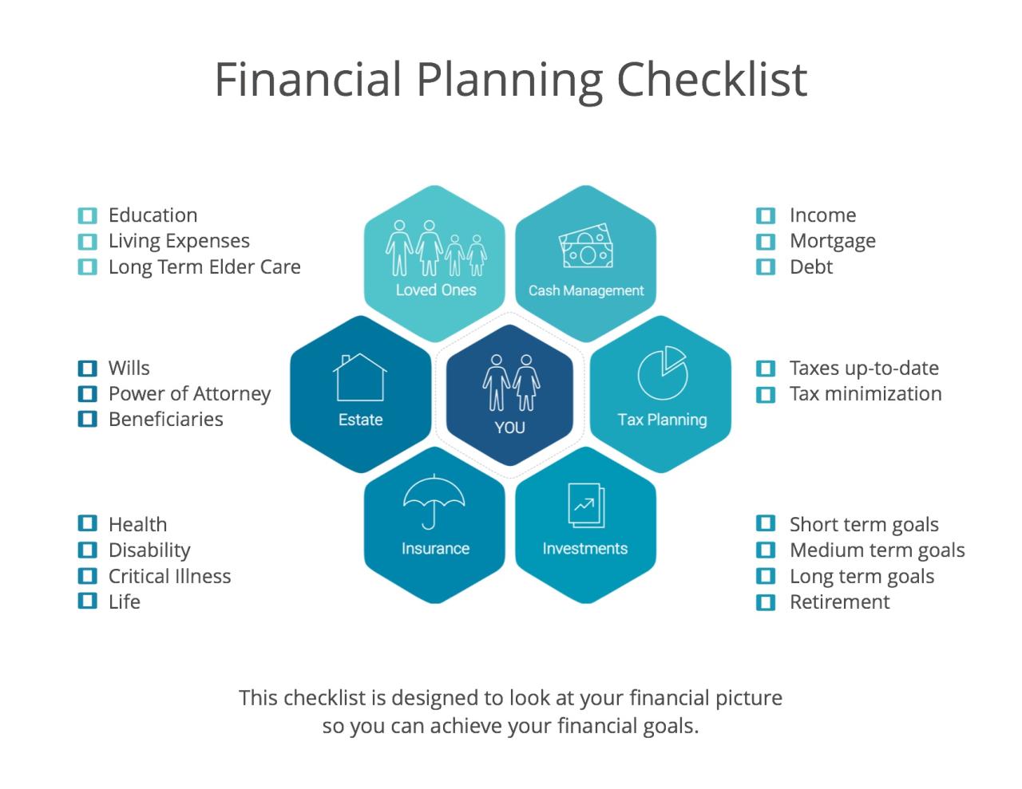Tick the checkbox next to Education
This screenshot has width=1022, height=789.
point(87,215)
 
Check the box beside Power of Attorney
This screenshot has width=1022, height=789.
point(87,393)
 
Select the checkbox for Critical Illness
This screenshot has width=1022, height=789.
point(87,576)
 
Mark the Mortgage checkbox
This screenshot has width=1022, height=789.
point(766,241)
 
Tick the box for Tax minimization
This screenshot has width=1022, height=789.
point(766,394)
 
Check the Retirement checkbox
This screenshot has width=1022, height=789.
point(766,602)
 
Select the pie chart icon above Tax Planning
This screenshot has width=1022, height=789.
point(662,373)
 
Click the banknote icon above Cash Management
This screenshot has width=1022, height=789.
point(586,248)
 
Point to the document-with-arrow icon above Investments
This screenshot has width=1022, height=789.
point(585,505)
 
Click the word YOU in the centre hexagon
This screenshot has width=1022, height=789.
point(509,428)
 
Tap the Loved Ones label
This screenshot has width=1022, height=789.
point(435,290)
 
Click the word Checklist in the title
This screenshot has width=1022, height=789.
point(712,79)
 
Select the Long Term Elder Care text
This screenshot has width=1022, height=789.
point(204,267)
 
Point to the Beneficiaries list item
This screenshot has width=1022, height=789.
point(166,420)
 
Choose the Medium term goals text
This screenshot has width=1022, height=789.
point(877,550)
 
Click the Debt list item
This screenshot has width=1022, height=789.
point(810,267)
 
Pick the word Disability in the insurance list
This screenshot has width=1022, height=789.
point(149,550)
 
